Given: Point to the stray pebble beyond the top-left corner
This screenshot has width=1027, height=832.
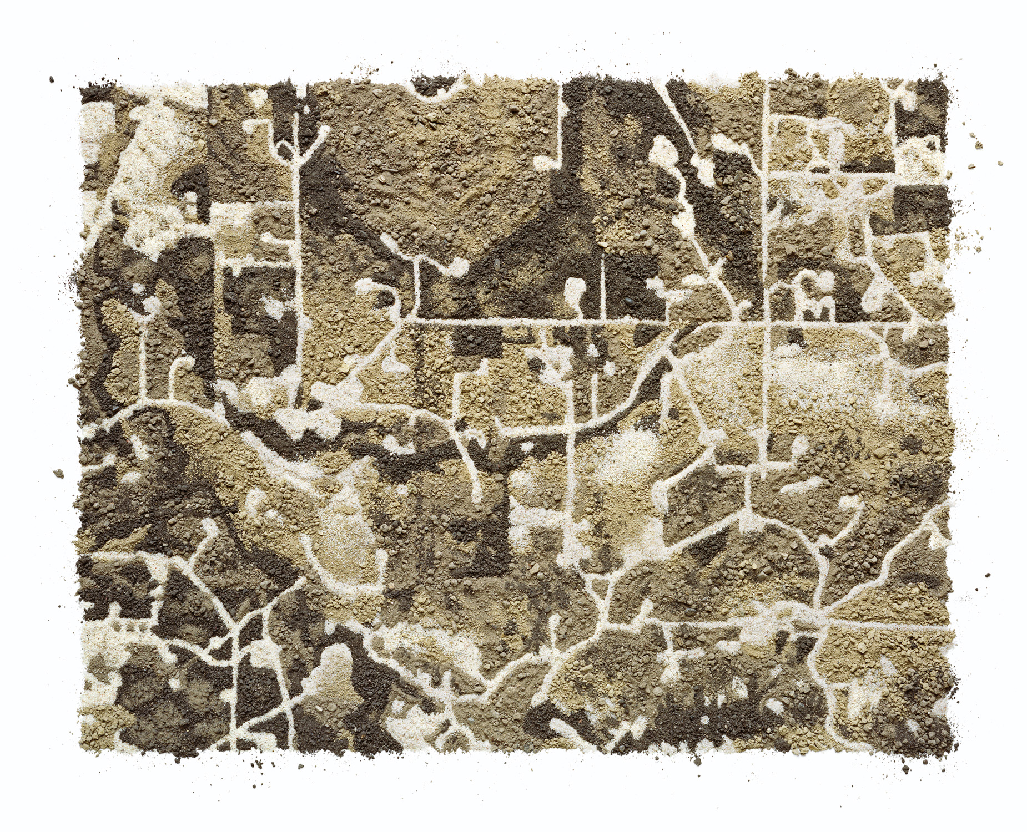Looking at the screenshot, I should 52,79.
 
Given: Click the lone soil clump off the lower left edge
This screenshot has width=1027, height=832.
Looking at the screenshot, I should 58,473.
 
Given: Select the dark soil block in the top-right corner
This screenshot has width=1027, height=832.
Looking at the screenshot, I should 922,105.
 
